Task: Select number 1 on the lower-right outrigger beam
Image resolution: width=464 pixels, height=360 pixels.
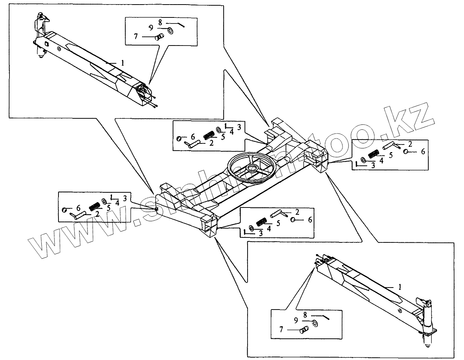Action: [x=399, y=287]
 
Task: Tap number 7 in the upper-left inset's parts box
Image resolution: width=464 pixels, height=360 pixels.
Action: [x=136, y=37]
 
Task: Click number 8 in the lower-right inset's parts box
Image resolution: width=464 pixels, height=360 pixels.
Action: [x=305, y=314]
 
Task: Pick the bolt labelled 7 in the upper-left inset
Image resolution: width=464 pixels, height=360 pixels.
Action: [x=159, y=37]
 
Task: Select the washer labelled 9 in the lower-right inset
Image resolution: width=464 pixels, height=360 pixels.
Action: [x=315, y=323]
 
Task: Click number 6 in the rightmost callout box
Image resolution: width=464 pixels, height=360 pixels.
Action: [x=423, y=151]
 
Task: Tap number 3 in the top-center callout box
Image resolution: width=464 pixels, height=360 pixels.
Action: [x=239, y=127]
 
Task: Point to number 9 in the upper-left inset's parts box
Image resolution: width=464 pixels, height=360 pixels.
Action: [x=151, y=28]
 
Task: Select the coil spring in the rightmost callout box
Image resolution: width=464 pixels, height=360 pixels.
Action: [x=374, y=154]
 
